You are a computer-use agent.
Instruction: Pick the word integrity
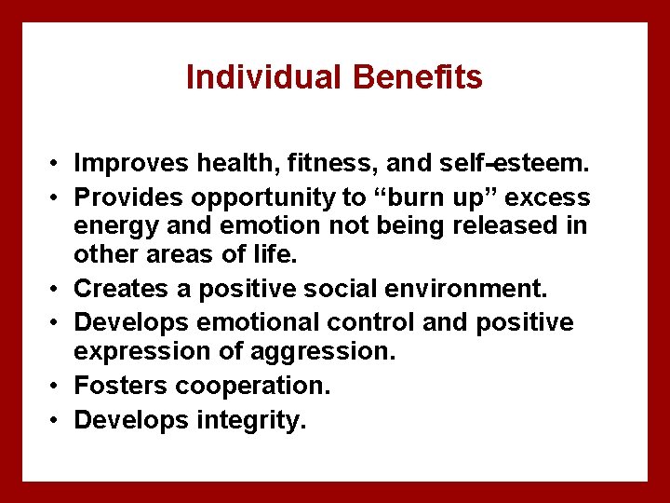pyautogui.click(x=251, y=421)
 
